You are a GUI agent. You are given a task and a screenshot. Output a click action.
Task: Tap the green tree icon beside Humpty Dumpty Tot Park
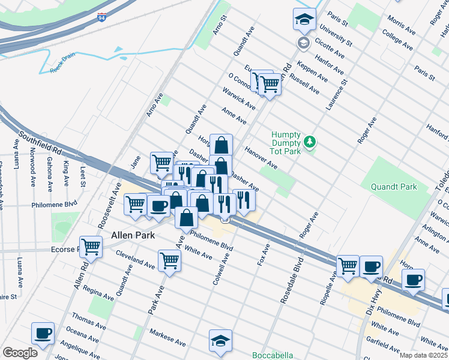coord(310,142)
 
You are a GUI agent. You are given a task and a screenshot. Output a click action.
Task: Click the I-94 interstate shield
coord(103,17)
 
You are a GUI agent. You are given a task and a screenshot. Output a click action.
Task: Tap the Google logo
coord(20,353)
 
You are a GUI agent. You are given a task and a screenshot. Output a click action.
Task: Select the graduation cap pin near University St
coord(304,20)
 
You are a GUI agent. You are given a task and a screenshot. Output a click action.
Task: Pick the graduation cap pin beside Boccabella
coord(220,341)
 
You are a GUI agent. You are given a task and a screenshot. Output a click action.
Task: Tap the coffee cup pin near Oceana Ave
coord(43,333)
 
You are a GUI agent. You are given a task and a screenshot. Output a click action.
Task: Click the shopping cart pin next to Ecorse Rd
coord(91,247)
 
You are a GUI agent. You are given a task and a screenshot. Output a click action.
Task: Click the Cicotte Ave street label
coord(331,49)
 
